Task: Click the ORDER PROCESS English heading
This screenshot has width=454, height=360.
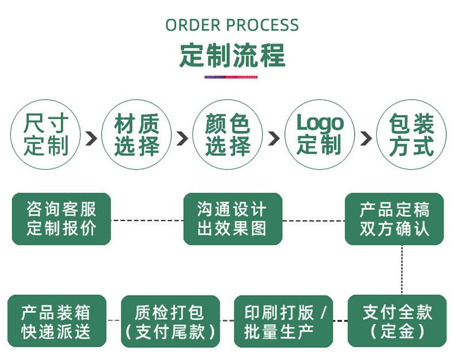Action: [232, 25]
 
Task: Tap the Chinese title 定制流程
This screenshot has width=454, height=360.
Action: [232, 56]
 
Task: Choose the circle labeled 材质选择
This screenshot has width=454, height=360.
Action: [136, 135]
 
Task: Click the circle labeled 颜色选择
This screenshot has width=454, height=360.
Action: [228, 135]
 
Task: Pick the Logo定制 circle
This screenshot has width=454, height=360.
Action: [320, 135]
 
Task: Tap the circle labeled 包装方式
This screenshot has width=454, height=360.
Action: [410, 135]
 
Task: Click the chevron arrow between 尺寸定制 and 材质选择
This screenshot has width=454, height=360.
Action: [91, 138]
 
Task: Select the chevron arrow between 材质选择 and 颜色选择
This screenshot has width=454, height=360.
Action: [182, 138]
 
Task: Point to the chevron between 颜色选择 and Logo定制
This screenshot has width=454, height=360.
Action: [274, 138]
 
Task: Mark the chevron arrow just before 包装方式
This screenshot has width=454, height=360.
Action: [366, 138]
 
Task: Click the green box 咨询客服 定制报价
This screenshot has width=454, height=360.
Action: [61, 219]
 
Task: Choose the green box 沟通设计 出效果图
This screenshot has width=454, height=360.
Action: [232, 219]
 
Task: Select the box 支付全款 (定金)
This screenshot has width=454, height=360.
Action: [397, 321]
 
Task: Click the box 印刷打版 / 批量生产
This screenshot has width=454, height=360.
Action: [284, 321]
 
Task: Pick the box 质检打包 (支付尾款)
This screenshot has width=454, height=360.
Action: [170, 321]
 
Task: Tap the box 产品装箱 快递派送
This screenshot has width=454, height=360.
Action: [57, 321]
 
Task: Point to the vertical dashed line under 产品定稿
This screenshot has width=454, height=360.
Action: [402, 269]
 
